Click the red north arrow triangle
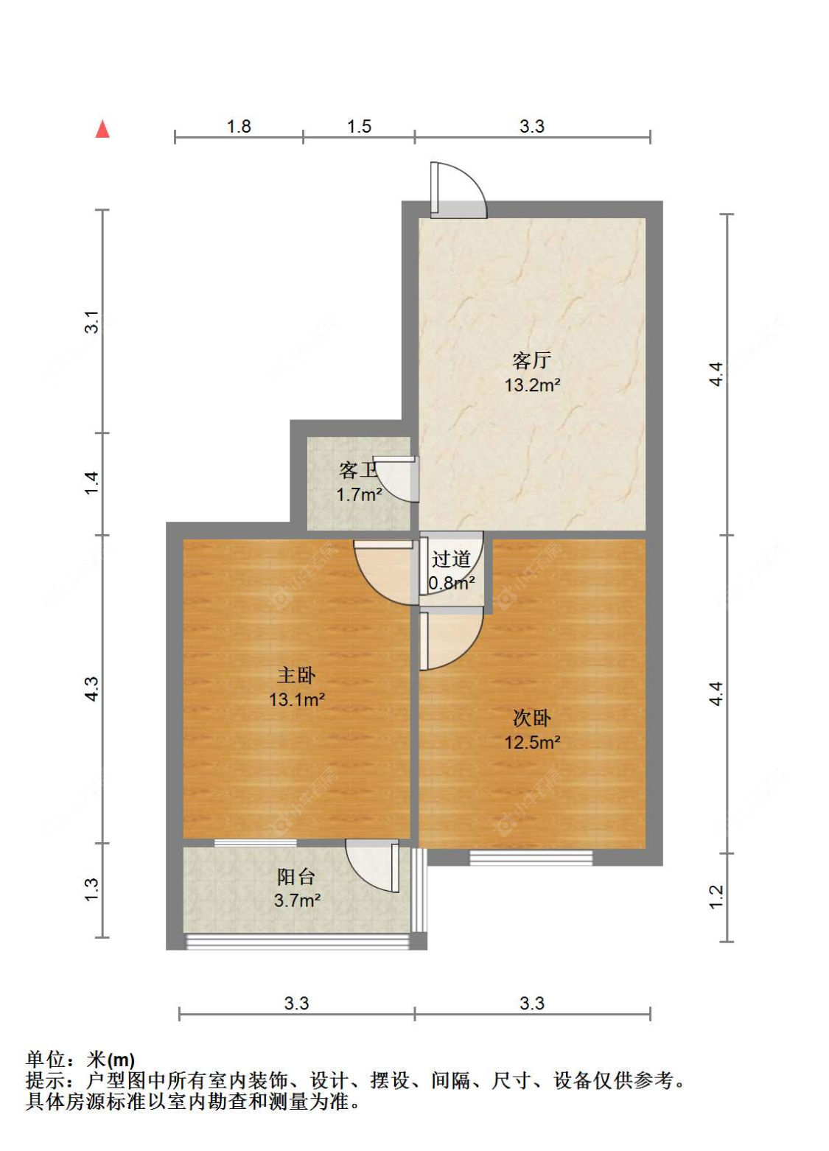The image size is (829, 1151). pos(102,129)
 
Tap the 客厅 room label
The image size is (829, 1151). pos(532,360)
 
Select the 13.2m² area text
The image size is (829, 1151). pos(532,385)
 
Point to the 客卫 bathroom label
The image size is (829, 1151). pos(357,470)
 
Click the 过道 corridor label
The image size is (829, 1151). pos(451,559)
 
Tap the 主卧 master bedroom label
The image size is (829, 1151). pos(296,675)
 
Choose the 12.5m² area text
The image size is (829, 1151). pos(532,743)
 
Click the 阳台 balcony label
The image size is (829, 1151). pos(296,877)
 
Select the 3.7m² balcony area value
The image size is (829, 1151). pos(297,900)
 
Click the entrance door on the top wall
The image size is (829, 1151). pos(458,190)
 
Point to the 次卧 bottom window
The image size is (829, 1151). pos(531,858)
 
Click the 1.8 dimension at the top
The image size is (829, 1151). pos(239,127)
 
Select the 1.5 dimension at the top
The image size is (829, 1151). pos(359,127)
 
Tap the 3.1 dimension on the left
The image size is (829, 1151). pos(92,322)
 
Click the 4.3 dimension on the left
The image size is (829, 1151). pos(92,688)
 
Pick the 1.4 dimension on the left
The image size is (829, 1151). pos(92,483)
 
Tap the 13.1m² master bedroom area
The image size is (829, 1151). pos(296,699)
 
